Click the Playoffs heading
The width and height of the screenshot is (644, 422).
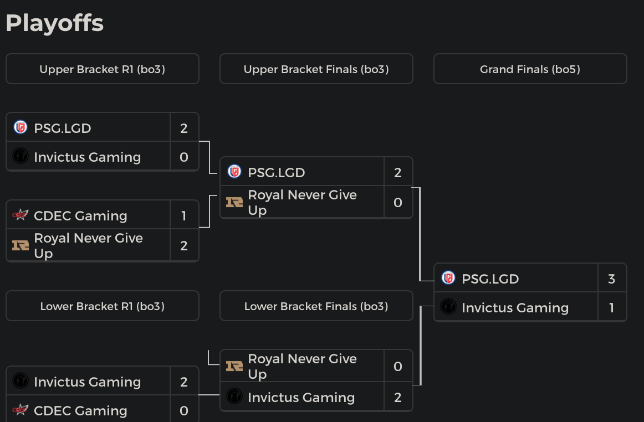(x=54, y=23)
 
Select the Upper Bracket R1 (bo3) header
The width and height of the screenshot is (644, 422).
(x=102, y=69)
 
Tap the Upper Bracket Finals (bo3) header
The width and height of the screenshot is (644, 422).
(x=316, y=69)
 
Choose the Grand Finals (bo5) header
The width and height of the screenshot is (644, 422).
(x=530, y=69)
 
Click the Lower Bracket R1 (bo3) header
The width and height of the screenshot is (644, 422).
(x=102, y=306)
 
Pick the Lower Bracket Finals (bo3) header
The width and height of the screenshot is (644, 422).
(x=316, y=306)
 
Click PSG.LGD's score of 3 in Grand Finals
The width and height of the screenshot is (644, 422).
(x=611, y=279)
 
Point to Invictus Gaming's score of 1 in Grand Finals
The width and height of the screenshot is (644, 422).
(x=611, y=307)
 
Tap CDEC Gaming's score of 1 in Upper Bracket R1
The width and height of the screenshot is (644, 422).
(x=184, y=215)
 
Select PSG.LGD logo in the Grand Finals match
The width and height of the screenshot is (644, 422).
(x=448, y=278)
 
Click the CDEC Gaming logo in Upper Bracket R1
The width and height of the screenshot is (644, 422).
(x=21, y=215)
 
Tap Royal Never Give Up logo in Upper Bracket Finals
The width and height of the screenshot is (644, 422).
(x=234, y=202)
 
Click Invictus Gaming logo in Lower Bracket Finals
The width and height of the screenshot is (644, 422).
(x=234, y=397)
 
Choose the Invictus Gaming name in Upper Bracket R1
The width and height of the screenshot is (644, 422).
(x=87, y=157)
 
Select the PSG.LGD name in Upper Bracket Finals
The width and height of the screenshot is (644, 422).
(x=276, y=172)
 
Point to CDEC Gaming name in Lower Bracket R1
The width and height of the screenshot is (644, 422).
(x=80, y=410)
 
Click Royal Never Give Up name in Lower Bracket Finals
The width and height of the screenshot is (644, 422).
(x=302, y=366)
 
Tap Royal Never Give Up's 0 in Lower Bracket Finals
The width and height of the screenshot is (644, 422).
(x=397, y=366)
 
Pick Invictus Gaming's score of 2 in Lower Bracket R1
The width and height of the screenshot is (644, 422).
(x=184, y=382)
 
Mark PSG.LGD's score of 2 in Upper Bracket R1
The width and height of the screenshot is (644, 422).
(x=184, y=128)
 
